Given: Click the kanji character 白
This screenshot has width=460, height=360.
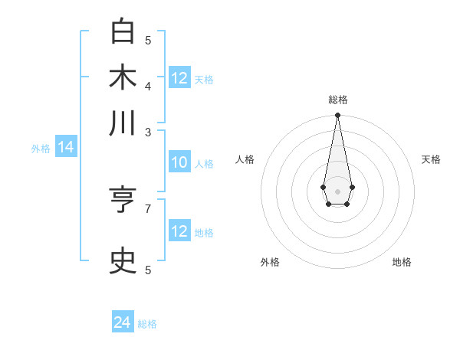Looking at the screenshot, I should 123,32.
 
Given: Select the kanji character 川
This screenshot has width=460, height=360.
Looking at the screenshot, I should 123,123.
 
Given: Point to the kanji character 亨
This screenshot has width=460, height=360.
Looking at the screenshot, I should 123,201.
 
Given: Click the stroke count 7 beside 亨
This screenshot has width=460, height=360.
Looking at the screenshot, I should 148,208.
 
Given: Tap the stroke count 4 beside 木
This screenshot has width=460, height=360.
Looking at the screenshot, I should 148,85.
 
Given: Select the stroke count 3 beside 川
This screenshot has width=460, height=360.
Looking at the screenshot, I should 148,132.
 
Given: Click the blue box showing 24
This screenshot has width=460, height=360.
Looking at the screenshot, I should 123,322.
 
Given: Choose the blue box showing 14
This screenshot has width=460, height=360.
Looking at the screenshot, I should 66,148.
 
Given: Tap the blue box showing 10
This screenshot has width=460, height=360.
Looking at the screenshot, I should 179,162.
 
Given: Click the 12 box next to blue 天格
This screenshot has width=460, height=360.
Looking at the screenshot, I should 179,78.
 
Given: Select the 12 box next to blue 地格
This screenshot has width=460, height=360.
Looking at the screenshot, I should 179,231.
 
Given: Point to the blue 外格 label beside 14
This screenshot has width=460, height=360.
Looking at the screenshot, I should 41,149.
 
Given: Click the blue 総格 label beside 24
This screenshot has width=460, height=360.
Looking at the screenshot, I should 147,324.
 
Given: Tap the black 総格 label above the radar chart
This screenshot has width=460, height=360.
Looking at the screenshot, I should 337,100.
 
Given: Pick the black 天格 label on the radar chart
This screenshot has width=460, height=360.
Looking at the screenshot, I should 431,159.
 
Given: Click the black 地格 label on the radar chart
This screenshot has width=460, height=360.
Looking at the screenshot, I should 402,262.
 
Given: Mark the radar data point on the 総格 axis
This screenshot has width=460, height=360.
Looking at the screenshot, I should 337,116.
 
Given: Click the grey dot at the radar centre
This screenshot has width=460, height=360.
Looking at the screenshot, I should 337,191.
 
